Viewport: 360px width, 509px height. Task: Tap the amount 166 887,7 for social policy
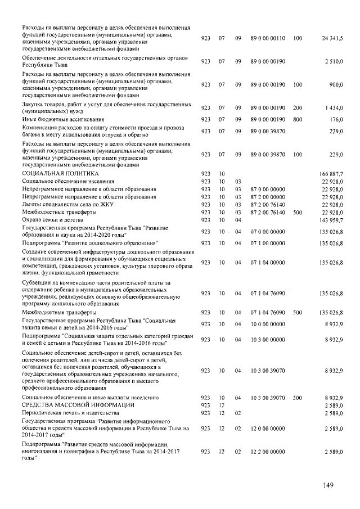pyautogui.click(x=331, y=174)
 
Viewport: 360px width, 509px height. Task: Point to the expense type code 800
pyautogui.click(x=298, y=119)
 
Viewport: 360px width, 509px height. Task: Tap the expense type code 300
pyautogui.click(x=298, y=398)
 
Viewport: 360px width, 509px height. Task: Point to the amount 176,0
pyautogui.click(x=336, y=119)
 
